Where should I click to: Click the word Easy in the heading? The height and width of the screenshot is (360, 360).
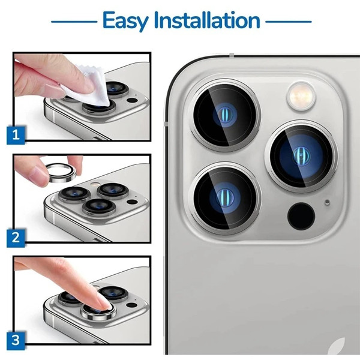[x=125, y=21]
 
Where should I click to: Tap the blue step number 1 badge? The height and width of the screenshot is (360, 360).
[x=16, y=135]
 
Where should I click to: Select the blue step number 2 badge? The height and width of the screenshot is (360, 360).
[x=16, y=238]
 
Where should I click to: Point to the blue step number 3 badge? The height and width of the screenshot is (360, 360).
[x=16, y=340]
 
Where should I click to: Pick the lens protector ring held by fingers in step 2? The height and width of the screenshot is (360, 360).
[x=60, y=172]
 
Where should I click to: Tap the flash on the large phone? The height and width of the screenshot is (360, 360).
[x=301, y=96]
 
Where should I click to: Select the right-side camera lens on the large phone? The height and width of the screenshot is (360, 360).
[x=301, y=155]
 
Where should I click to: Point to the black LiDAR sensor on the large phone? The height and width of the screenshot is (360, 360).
[x=301, y=216]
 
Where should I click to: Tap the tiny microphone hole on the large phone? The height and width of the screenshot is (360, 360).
[x=327, y=202]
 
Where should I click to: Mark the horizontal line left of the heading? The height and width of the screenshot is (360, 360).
[x=74, y=22]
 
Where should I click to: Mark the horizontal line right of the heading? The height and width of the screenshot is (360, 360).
[x=289, y=22]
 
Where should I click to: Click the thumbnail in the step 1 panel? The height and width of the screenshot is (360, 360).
[x=54, y=90]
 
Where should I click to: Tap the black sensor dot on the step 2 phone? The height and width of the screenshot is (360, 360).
[x=132, y=202]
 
